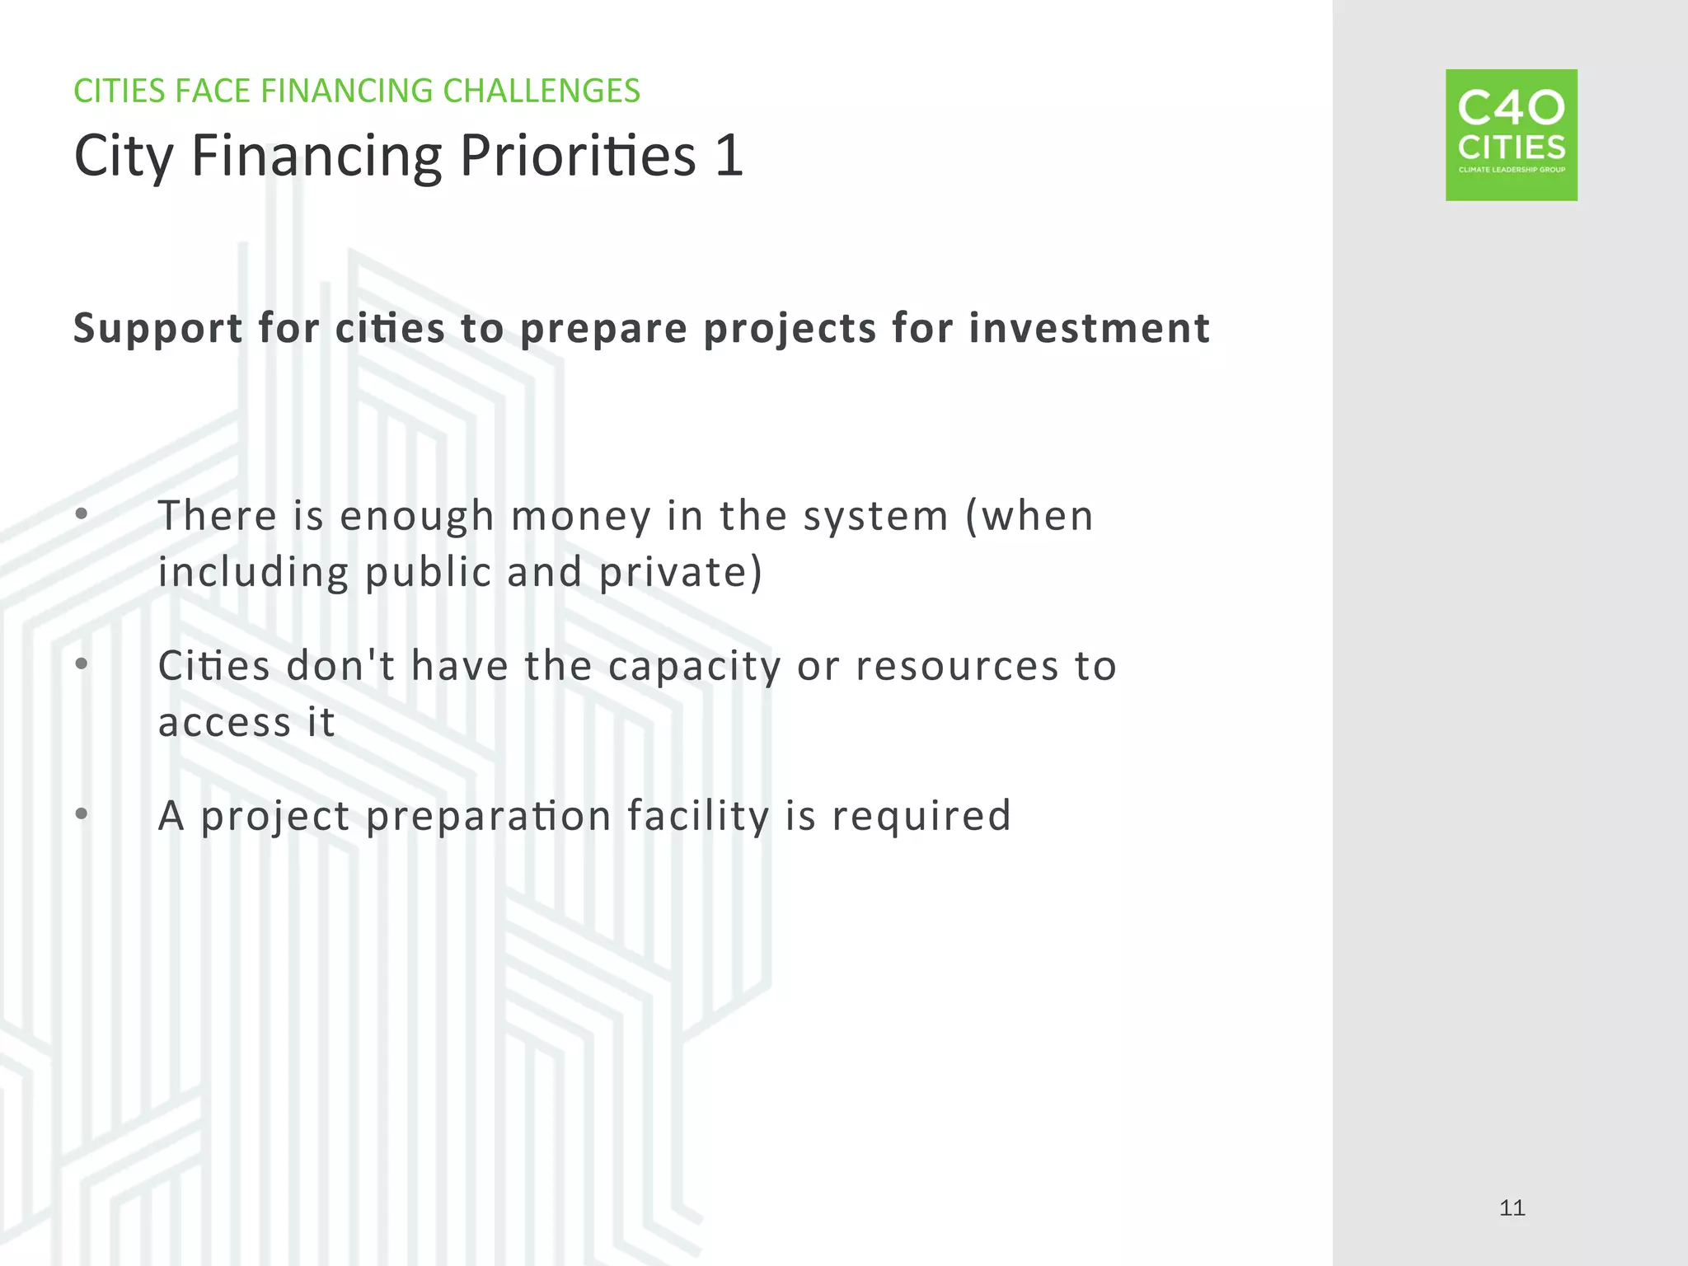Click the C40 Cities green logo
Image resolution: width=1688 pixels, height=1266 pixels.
1511,135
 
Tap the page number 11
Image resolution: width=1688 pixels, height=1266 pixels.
1512,1208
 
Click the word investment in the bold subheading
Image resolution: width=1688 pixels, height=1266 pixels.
1089,328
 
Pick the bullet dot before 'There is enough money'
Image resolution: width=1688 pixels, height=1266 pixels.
81,514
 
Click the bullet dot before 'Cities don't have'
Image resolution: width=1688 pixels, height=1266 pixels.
81,663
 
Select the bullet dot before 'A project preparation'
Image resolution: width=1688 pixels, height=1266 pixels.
81,814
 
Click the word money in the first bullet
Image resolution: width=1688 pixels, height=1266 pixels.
581,517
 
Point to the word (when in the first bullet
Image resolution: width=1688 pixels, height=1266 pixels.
1029,517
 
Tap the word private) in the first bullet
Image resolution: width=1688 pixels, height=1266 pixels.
681,572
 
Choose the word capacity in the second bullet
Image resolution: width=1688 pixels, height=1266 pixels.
694,668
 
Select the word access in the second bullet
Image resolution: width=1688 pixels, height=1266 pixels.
224,723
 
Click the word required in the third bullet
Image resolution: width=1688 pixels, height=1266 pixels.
921,816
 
